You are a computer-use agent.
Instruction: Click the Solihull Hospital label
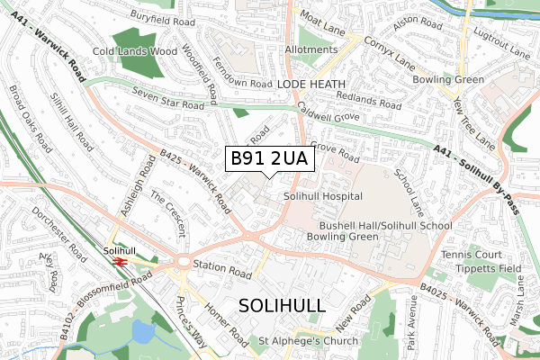[x=322, y=195]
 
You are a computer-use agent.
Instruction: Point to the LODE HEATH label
[x=310, y=83]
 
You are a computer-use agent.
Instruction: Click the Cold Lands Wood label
[x=136, y=51]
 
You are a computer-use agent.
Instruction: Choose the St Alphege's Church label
[x=308, y=341]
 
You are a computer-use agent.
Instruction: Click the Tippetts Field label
[x=469, y=269]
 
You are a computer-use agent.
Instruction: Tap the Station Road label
[x=222, y=265]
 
